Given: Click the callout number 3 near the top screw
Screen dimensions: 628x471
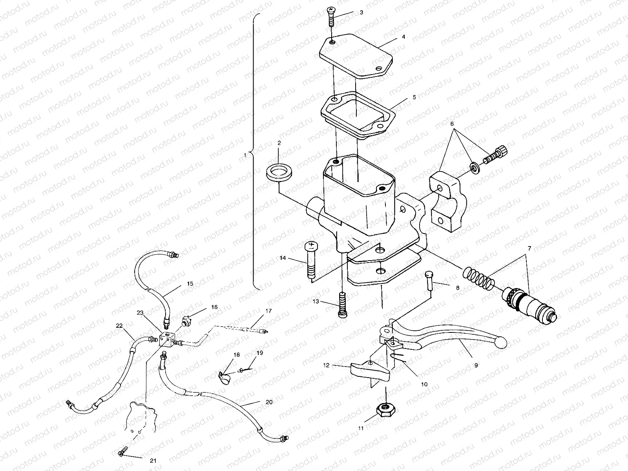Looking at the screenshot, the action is (361, 13).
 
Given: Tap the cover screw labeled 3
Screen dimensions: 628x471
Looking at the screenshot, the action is (331, 16).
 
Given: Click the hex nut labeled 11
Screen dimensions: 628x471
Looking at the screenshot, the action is (386, 411).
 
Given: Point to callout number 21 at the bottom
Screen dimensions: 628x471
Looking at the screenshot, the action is (153, 461).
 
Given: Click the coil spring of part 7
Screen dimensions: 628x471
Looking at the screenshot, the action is (478, 278).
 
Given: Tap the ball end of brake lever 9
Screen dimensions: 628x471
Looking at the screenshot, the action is (500, 343).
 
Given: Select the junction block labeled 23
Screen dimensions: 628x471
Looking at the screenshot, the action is (167, 340).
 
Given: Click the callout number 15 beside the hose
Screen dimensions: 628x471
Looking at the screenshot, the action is (190, 284).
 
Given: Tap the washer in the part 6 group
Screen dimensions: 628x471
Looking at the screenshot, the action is (475, 168).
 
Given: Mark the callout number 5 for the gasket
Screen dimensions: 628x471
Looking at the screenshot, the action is (414, 97).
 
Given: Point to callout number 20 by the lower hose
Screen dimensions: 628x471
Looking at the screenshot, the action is (269, 402).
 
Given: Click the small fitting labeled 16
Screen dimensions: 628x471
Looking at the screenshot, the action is (186, 321).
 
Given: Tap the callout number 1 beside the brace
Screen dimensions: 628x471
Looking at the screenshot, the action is (245, 155).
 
